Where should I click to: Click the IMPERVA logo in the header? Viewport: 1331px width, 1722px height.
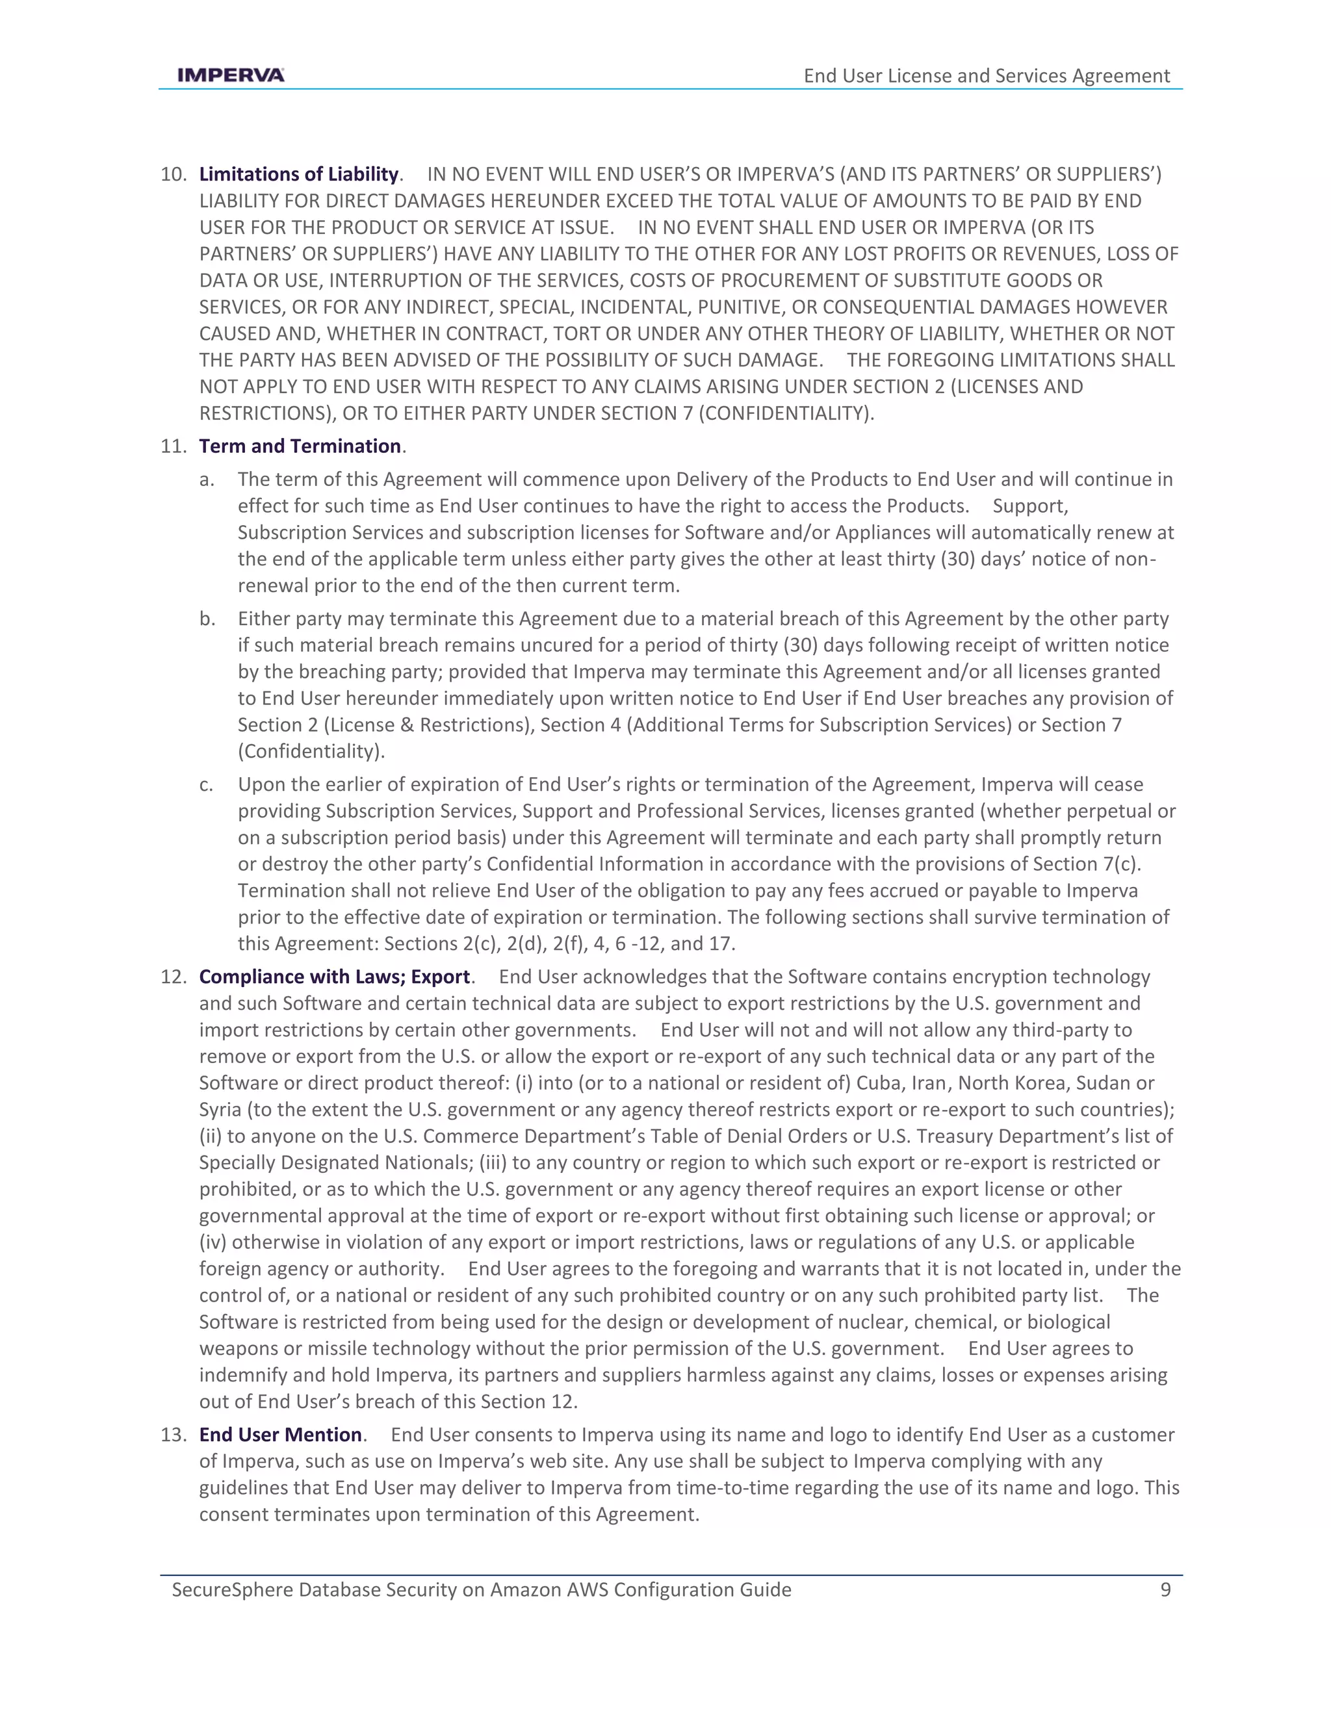(230, 75)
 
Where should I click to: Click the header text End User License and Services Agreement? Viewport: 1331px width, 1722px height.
(986, 75)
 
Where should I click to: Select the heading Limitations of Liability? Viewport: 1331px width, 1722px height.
(298, 174)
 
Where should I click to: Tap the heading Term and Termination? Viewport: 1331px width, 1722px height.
(300, 446)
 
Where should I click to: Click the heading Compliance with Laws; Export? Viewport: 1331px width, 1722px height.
(334, 977)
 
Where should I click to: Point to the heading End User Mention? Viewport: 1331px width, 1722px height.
(280, 1434)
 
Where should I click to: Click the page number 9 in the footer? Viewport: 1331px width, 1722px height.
(1165, 1589)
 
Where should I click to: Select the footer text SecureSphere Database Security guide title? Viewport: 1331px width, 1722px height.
(481, 1589)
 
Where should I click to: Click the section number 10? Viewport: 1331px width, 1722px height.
(173, 174)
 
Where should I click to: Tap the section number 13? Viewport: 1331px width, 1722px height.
(173, 1434)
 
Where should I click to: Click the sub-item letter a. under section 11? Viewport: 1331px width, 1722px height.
(207, 480)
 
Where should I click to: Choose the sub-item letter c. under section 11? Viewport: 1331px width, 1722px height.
(206, 784)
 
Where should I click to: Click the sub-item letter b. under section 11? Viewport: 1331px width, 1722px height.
(207, 619)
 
